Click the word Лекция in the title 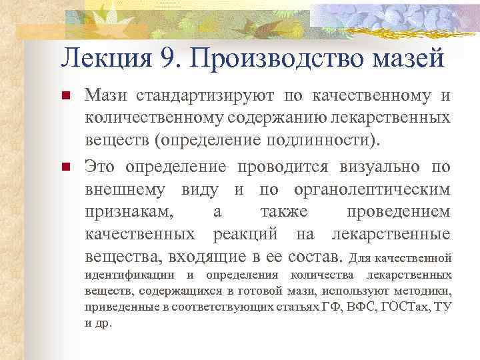(x=107, y=59)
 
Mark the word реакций (x=249, y=233)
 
